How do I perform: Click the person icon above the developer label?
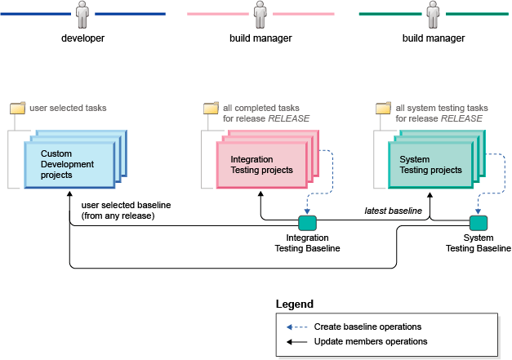pos(82,15)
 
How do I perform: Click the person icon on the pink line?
pos(260,15)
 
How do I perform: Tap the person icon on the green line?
pos(433,15)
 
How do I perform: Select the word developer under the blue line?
pos(82,38)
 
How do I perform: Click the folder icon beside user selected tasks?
pos(18,108)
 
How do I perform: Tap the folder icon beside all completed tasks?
pos(211,108)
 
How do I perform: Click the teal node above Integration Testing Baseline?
pos(307,222)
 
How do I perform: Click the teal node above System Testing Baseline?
pos(479,222)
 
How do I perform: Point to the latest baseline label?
pos(393,211)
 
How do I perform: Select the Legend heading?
pos(294,304)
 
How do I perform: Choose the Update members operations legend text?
pos(371,341)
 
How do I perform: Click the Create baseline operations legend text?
pos(367,327)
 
